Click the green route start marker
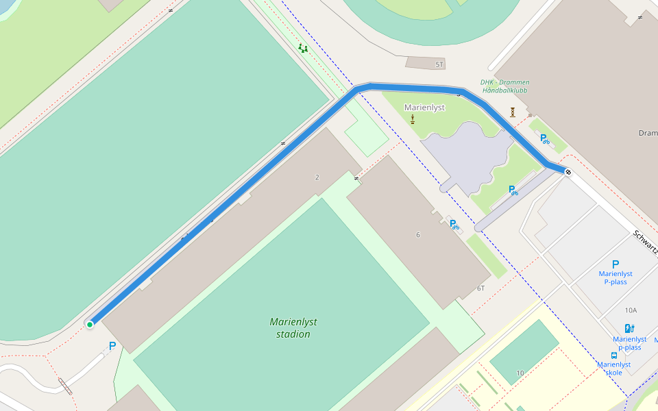coord(90,325)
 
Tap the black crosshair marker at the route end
coord(568,171)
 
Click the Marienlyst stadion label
coord(293,328)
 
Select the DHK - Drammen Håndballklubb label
coord(505,86)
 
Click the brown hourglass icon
coord(512,112)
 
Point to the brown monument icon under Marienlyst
coord(413,120)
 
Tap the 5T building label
coord(439,64)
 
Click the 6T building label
coord(481,289)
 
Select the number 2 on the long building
coord(317,177)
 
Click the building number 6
coord(418,235)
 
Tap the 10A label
coord(631,310)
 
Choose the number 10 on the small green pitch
coord(520,373)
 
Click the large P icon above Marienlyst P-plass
coord(616,264)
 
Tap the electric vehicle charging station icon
coord(629,329)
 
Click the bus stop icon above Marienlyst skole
coord(613,356)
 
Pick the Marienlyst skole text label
coord(613,369)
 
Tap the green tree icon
coord(302,49)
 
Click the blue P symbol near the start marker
coord(112,347)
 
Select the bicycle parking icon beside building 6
coord(454,224)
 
